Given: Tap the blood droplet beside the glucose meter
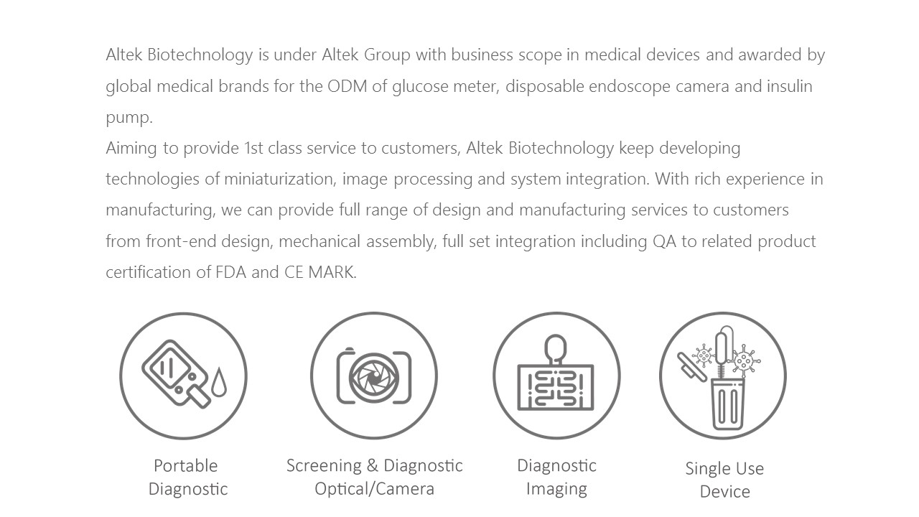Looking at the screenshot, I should [219, 381].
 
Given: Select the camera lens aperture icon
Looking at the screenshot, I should [373, 376].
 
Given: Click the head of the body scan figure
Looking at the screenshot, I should [556, 348].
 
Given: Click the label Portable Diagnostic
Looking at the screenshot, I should [187, 477].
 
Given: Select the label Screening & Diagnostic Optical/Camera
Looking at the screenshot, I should [374, 477].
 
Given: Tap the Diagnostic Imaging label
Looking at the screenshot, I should [556, 477].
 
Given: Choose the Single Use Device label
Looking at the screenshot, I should [724, 480].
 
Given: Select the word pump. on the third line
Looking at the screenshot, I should [129, 118].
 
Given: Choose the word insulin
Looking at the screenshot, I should [789, 86].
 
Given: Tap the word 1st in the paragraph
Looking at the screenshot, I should [254, 149].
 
